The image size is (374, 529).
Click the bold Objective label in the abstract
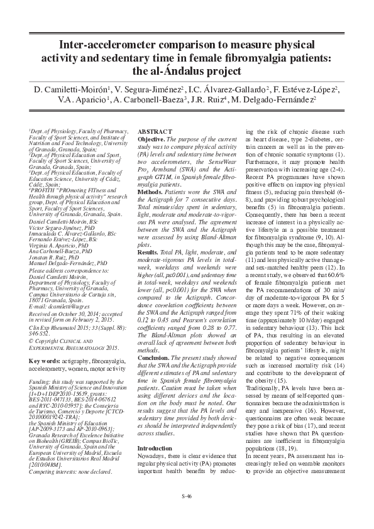click(151, 137)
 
